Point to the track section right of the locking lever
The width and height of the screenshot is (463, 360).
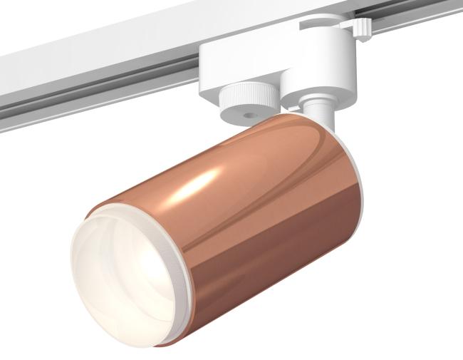click(420, 29)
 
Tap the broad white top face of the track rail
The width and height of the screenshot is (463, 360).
click(107, 43)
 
